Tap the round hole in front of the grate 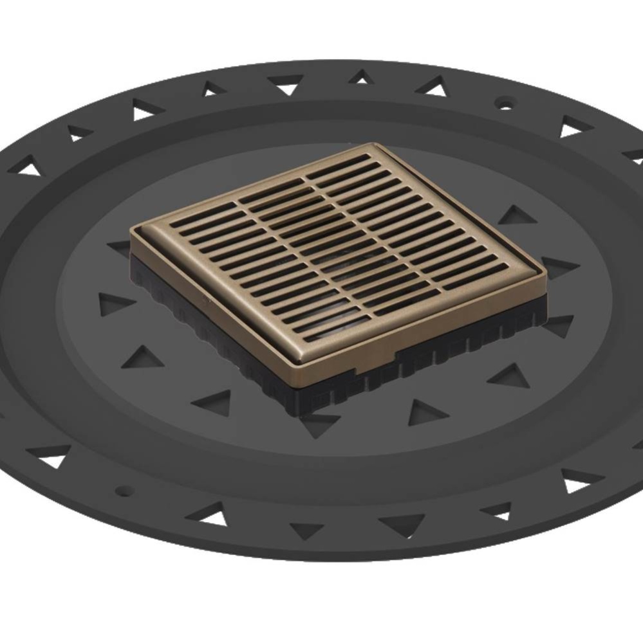tap(124, 491)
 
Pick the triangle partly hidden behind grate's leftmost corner tap(119, 246)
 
